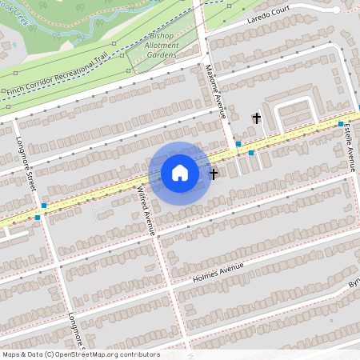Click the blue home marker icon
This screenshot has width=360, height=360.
(x=180, y=173)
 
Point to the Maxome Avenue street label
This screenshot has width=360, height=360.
(x=216, y=91)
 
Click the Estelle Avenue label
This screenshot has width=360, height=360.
(x=350, y=148)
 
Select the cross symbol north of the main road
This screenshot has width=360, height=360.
(x=257, y=118)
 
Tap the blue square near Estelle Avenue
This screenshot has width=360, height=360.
(x=341, y=124)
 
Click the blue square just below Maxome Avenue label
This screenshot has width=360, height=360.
(x=238, y=144)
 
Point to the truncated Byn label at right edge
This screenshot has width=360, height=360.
(x=353, y=284)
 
